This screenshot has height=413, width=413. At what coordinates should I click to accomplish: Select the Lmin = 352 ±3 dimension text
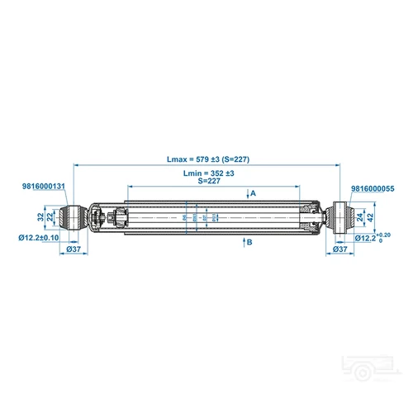point(208,173)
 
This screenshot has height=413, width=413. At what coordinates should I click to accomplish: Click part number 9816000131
point(43,188)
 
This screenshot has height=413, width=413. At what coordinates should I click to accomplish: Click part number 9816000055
point(373,188)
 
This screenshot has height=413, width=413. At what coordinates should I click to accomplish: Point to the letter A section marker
point(254,192)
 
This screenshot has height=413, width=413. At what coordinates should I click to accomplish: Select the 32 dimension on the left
point(39,216)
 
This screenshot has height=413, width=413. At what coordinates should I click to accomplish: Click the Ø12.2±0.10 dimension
point(39,238)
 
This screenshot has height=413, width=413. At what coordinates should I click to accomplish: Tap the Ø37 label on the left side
point(72,249)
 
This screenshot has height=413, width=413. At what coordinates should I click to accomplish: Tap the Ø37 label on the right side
point(339,249)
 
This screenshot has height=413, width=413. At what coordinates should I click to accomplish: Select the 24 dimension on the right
point(360,217)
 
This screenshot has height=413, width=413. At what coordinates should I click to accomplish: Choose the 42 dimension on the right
point(370,217)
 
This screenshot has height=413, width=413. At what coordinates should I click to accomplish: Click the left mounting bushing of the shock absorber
point(72,217)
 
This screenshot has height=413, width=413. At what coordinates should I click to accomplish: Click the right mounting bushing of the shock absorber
point(339,217)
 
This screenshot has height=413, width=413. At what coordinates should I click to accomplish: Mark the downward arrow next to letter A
point(246,193)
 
